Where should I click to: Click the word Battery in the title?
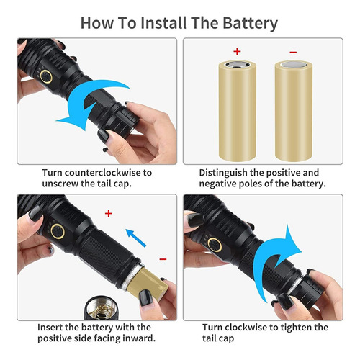click(250, 24)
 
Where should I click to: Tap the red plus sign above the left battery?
click(237, 51)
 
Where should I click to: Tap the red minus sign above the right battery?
click(293, 53)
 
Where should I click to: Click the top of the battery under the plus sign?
click(238, 65)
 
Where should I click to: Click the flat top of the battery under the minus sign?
click(294, 66)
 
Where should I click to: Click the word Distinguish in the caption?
click(223, 173)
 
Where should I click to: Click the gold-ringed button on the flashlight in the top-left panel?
click(46, 77)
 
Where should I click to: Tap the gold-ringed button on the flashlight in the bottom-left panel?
click(58, 231)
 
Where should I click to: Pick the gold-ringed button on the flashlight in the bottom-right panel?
click(215, 245)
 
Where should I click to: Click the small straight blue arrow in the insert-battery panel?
click(136, 238)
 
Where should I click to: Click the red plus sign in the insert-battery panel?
click(109, 213)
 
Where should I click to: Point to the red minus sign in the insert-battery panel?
click(163, 259)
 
